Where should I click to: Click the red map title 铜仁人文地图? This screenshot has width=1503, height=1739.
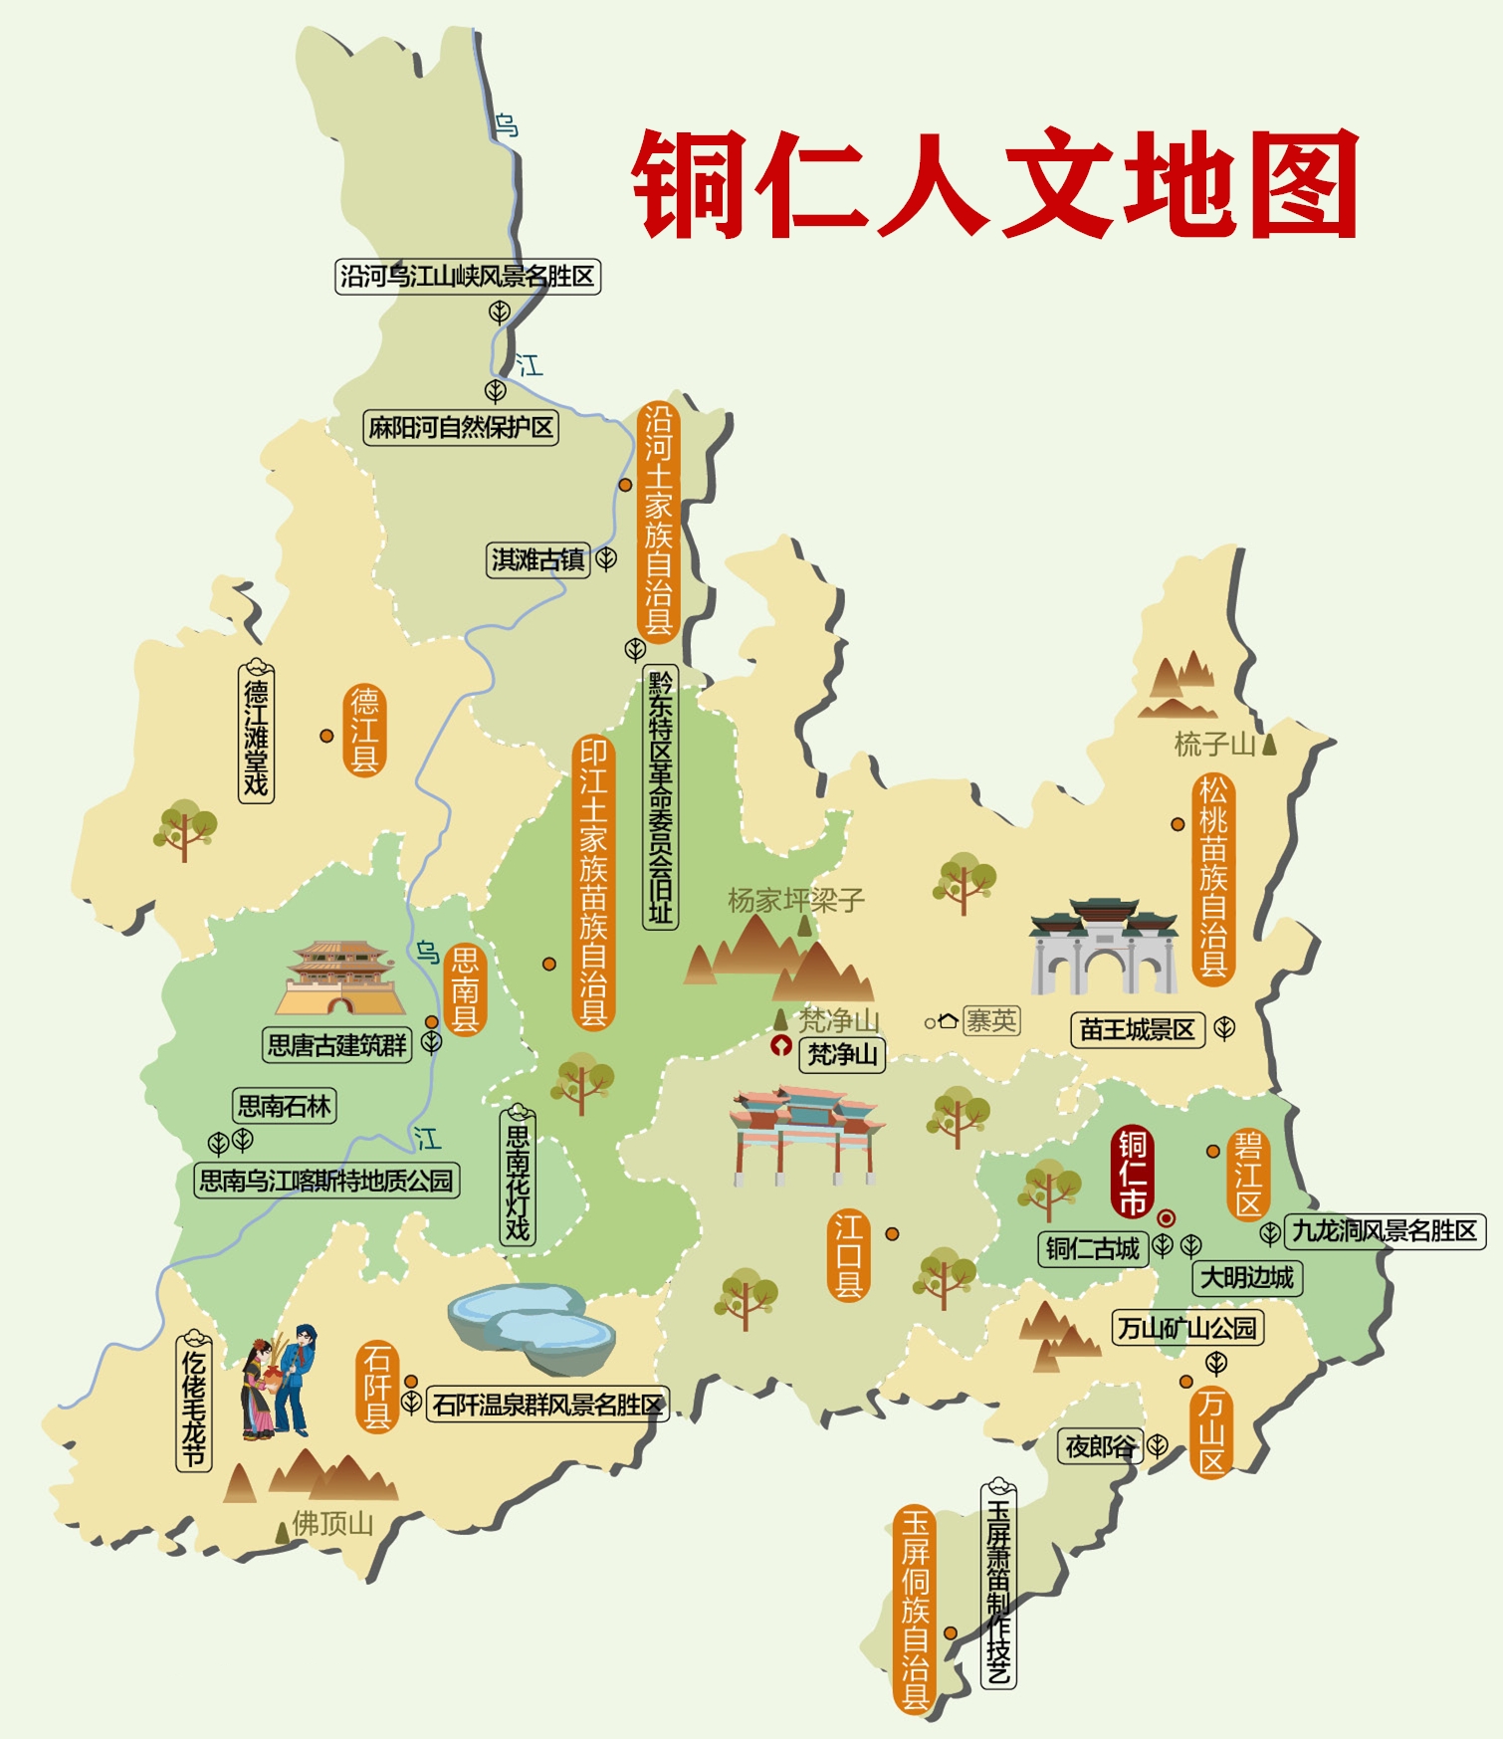coord(995,184)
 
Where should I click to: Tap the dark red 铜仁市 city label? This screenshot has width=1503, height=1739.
coord(1133,1173)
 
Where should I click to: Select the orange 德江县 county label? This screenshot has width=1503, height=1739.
coord(364,730)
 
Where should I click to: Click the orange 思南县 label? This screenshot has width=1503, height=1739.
coord(465,989)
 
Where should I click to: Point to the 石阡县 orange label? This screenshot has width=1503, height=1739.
coord(377,1387)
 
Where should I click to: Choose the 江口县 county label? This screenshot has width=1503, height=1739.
coord(848,1255)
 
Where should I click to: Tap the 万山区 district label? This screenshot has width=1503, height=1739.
coord(1210,1431)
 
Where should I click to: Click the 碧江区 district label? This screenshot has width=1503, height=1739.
coord(1248,1174)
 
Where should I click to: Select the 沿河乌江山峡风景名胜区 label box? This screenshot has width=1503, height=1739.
coord(468,276)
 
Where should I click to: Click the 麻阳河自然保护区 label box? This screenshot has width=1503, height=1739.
coord(460,428)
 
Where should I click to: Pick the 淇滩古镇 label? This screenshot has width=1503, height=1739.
coord(538,559)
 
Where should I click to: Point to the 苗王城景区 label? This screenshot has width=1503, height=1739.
coord(1137,1029)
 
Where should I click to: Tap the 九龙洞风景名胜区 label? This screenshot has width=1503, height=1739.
coord(1384,1231)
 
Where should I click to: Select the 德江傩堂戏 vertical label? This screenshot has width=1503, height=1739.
coord(256,731)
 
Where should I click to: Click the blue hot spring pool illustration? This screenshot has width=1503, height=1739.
coord(532,1322)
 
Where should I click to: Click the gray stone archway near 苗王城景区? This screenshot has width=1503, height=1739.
coord(1103,948)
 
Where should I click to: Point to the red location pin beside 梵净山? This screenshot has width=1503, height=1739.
coord(781,1045)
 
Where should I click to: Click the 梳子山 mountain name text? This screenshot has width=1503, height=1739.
coord(1214,744)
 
